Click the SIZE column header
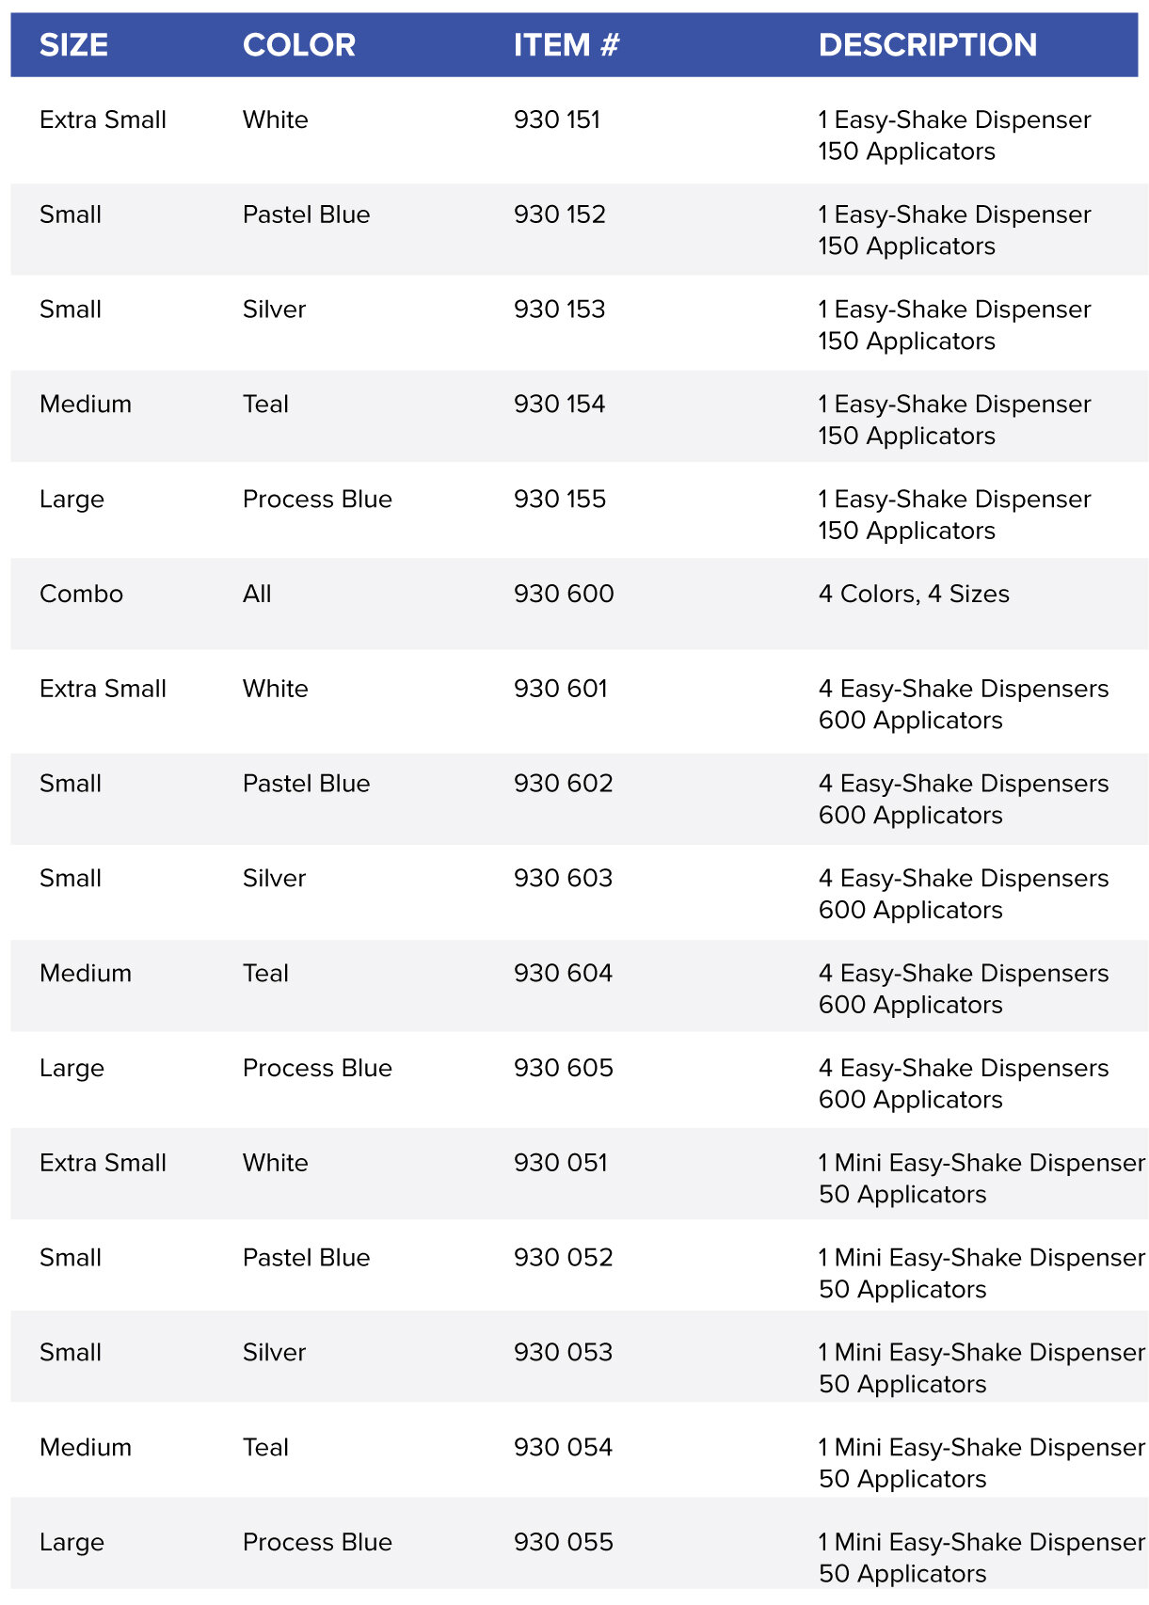[x=73, y=45]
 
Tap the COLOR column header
[x=298, y=45]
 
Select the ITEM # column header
[x=566, y=45]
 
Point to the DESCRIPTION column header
[x=927, y=45]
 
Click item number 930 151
[x=556, y=120]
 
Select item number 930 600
[x=563, y=595]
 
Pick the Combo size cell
[x=81, y=595]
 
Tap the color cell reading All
[x=256, y=595]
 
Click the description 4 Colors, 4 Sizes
[x=913, y=595]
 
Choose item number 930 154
[x=559, y=405]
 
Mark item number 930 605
[x=563, y=1069]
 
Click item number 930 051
[x=560, y=1163]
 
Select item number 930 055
[x=563, y=1543]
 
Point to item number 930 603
[x=563, y=879]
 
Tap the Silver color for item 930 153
[x=274, y=310]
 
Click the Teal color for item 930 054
[x=265, y=1448]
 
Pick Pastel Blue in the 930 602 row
[x=306, y=784]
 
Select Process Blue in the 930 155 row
[x=317, y=500]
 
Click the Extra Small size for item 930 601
[x=103, y=690]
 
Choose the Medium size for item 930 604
[x=85, y=974]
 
